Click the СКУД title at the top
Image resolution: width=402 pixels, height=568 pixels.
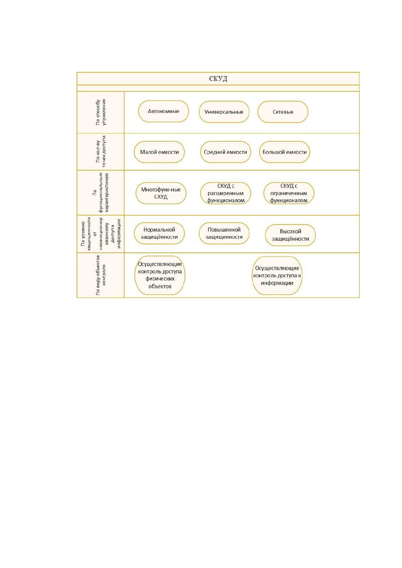tap(218, 79)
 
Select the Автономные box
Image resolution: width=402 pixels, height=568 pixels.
tap(163, 111)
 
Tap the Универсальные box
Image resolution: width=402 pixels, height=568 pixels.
tap(224, 112)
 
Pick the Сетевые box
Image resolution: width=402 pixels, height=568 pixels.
tap(283, 112)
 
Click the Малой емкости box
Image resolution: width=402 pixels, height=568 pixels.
tap(159, 152)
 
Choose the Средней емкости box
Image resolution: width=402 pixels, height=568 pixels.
tap(225, 152)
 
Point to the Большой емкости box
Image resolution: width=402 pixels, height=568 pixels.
tap(285, 152)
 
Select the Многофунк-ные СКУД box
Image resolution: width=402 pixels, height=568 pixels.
tap(161, 193)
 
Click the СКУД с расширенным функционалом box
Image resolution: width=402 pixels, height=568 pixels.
tap(225, 193)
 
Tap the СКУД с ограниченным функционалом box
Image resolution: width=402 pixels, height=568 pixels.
tap(289, 193)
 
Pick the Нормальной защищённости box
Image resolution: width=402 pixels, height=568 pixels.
tap(159, 233)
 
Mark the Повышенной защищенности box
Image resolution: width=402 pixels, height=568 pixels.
tap(224, 233)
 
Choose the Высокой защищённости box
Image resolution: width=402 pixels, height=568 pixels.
tap(290, 235)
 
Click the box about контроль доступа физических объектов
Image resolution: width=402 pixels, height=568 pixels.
tap(160, 275)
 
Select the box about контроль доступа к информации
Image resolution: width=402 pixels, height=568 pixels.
tap(277, 276)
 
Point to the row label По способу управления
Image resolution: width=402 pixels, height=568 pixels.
tap(101, 112)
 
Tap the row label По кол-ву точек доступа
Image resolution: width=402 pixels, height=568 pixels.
tap(101, 152)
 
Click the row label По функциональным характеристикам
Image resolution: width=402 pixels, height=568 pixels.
tap(101, 192)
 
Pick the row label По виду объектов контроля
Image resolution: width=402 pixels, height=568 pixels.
tap(101, 275)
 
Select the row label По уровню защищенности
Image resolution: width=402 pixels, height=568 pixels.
tap(101, 234)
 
